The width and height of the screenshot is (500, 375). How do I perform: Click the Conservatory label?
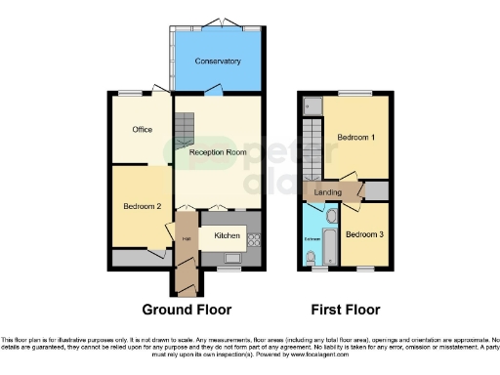[x=217, y=62]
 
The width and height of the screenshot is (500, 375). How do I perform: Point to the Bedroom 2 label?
[x=142, y=206]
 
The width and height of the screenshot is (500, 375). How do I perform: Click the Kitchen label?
[x=227, y=235]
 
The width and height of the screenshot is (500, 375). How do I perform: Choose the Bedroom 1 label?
[x=356, y=138]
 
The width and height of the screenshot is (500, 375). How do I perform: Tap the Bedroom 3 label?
[x=363, y=233]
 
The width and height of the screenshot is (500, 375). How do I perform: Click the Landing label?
[x=327, y=193]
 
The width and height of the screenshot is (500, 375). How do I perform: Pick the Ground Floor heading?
[x=187, y=310]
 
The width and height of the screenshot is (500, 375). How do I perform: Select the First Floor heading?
[x=345, y=310]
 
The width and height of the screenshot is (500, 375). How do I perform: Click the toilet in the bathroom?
[x=311, y=257]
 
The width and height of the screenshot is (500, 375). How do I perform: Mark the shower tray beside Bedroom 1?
[x=312, y=104]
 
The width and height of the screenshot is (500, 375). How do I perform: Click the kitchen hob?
[x=253, y=237]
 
